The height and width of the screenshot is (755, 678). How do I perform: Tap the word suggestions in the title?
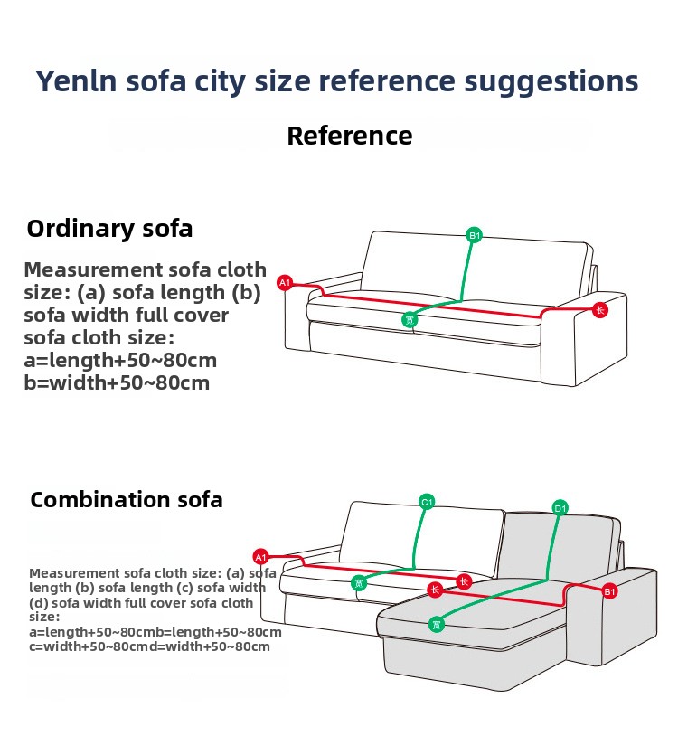click(551, 80)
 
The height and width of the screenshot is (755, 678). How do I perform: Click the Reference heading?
click(349, 136)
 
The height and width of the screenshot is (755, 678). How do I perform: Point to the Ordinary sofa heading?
click(109, 228)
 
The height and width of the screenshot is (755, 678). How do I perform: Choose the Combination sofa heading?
click(127, 500)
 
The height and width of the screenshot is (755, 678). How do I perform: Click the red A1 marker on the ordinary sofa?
click(285, 283)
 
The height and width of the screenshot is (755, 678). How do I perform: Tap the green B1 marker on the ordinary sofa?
click(475, 236)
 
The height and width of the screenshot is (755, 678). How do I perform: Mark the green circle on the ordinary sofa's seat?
click(410, 319)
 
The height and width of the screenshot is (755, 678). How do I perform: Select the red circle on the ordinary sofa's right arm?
click(600, 310)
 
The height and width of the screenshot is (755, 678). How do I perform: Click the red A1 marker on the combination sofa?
click(261, 556)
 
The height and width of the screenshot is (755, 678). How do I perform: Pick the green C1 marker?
click(428, 502)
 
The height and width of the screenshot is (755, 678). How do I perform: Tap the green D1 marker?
click(560, 508)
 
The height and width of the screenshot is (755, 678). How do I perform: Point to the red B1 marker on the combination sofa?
click(609, 591)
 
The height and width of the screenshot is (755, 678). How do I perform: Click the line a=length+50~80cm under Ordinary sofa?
click(120, 360)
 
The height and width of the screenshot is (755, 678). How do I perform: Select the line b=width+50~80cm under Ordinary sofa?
click(117, 382)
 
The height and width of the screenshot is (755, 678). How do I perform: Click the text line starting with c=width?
click(149, 646)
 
